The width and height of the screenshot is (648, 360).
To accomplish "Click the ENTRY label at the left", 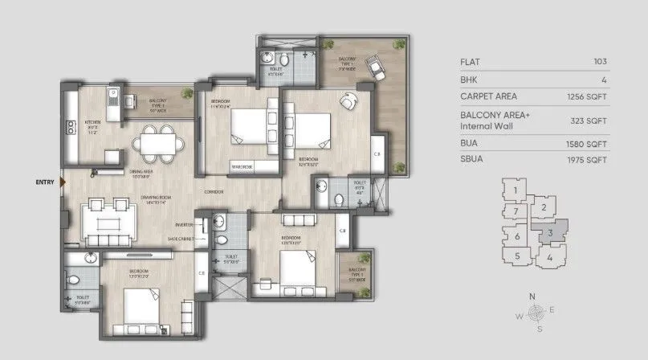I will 45,182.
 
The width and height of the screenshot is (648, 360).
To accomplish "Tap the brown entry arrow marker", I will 63,182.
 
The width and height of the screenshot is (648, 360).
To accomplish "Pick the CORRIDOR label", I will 214,192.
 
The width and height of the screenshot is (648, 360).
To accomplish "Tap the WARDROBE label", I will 243,167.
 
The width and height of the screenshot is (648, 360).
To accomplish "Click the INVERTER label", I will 185,225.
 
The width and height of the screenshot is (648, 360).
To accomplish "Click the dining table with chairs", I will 157,143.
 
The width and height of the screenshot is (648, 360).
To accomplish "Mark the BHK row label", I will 470,80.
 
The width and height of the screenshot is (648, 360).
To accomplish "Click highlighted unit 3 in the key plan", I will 549,233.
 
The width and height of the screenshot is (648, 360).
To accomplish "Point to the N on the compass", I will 532,297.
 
